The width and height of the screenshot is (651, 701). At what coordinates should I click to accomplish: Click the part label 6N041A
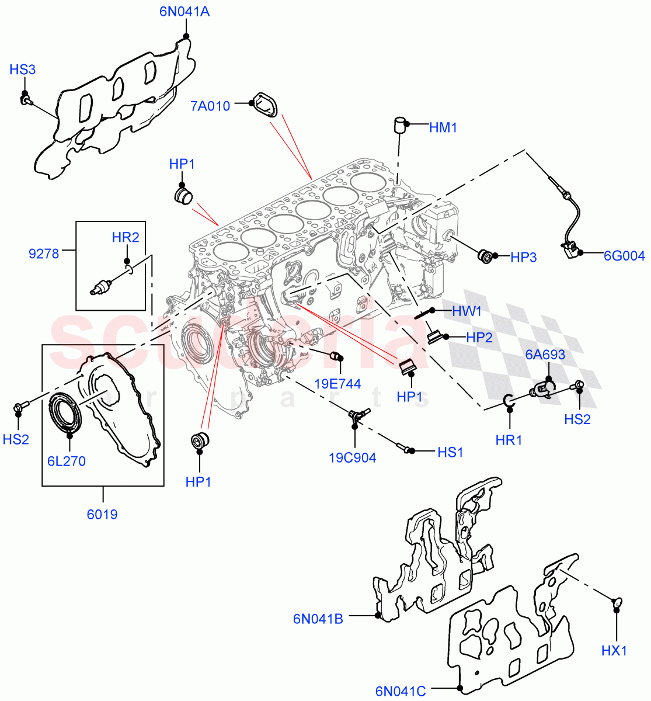[x=184, y=12]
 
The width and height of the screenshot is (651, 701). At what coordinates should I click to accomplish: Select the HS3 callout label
[x=23, y=70]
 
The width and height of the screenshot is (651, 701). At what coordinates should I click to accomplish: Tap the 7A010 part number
[x=210, y=106]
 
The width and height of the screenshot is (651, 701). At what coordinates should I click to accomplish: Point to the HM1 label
[x=443, y=127]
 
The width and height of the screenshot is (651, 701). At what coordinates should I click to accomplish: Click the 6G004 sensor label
[x=624, y=256]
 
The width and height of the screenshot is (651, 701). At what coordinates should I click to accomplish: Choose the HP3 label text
[x=523, y=257]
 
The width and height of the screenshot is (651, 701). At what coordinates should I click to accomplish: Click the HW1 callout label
[x=467, y=311]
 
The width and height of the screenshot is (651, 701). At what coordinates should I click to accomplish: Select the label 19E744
[x=337, y=384]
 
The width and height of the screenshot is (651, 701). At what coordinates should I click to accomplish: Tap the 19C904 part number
[x=353, y=458]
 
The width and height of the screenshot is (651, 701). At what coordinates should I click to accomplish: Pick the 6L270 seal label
[x=67, y=461]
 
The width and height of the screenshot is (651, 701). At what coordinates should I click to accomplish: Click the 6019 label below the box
[x=103, y=515]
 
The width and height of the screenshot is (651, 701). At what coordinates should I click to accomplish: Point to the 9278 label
[x=44, y=254]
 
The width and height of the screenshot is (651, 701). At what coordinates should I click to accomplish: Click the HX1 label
[x=614, y=650]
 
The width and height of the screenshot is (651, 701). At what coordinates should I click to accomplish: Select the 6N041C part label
[x=401, y=692]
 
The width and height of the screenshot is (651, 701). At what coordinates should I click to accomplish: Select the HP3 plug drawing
[x=485, y=256]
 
